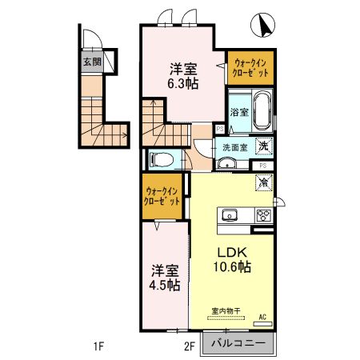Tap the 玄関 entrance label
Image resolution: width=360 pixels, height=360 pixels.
point(92,62)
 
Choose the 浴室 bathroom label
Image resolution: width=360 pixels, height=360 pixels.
point(239,111)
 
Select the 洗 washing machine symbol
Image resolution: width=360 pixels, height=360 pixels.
point(263,146)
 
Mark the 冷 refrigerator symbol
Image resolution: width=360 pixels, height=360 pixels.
point(262,182)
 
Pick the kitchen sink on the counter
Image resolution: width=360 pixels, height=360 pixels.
point(230,215)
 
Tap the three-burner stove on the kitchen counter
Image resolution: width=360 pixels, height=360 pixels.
point(262,214)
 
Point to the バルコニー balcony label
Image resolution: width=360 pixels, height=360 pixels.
point(242,346)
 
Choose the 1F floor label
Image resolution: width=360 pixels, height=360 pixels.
point(99,346)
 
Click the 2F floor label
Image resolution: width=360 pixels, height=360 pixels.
point(190,346)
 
